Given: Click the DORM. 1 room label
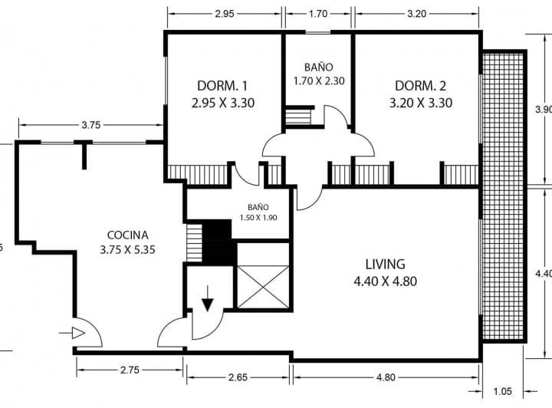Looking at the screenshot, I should click(223, 85).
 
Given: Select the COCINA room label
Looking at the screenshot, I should click(128, 235).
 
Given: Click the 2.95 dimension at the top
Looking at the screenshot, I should click(225, 14).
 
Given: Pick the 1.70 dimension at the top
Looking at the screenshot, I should click(318, 14).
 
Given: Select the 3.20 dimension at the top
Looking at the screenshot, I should click(416, 14).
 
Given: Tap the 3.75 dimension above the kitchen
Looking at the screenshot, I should click(91, 124).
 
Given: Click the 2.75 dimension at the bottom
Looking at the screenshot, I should click(129, 370).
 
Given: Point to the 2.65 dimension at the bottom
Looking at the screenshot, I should click(238, 377).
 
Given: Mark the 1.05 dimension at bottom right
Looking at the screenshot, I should click(502, 391).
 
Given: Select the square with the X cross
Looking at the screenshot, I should click(262, 286).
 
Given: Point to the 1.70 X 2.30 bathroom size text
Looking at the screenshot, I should click(318, 80).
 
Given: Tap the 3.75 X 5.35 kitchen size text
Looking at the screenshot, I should click(128, 249).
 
